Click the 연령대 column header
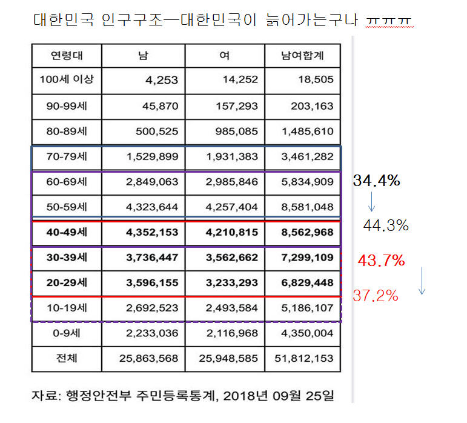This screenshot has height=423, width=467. (x=67, y=56)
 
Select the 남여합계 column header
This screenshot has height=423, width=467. (x=302, y=56)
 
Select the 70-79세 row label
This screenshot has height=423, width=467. (x=67, y=156)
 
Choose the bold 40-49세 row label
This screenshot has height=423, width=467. (x=67, y=232)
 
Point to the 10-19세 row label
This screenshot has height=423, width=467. (x=67, y=308)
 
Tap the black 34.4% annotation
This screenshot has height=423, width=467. (x=376, y=181)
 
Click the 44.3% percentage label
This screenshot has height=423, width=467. (x=386, y=225)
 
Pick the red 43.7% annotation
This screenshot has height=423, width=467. (x=381, y=261)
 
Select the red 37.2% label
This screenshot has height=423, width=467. (x=376, y=296)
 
